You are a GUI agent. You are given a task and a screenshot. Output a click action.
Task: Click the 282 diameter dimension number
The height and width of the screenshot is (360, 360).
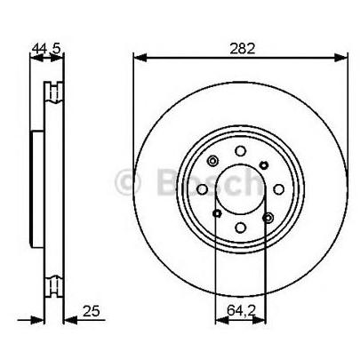pyautogui.click(x=242, y=48)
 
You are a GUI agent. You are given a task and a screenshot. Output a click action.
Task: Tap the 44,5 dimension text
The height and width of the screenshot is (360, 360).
pyautogui.click(x=46, y=48)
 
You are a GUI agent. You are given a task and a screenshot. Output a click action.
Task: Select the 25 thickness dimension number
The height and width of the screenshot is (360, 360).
pyautogui.click(x=91, y=311)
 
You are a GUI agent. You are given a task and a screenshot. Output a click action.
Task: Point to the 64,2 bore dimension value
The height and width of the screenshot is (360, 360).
pyautogui.click(x=241, y=310)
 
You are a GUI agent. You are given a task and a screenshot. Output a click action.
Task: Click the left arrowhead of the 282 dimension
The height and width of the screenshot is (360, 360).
pyautogui.click(x=140, y=57)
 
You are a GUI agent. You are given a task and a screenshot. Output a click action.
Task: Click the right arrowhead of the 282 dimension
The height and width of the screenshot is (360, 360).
pyautogui.click(x=340, y=57)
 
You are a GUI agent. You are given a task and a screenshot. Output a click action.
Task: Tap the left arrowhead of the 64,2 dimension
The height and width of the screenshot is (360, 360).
pyautogui.click(x=222, y=320)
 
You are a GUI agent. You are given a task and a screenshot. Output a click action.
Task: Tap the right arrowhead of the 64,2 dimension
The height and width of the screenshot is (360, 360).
pyautogui.click(x=259, y=320)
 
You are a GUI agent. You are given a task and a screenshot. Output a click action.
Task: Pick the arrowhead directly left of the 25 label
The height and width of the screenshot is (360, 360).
pyautogui.click(x=70, y=320)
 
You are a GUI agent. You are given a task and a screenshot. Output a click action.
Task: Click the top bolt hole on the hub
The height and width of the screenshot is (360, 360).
pyautogui.click(x=240, y=151)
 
